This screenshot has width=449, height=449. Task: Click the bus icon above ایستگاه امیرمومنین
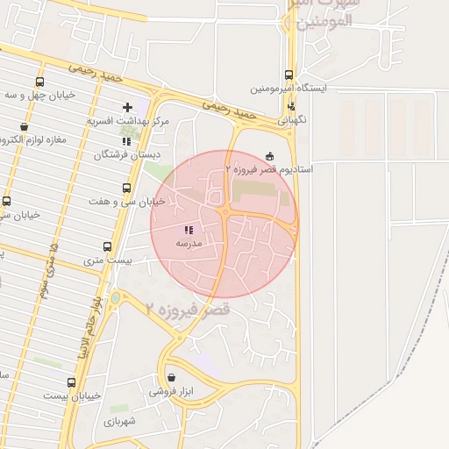point(289,75)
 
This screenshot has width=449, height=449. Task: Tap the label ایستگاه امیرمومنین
point(289,89)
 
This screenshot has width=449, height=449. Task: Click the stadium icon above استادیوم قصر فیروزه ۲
point(269,155)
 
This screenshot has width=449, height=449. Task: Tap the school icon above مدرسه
point(189,230)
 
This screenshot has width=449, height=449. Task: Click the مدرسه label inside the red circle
point(189,243)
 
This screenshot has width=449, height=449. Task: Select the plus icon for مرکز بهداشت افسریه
point(128,107)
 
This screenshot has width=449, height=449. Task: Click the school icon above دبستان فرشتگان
point(127,140)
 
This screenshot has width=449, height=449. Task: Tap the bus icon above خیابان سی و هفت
point(127,188)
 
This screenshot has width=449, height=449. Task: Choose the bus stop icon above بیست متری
point(107,246)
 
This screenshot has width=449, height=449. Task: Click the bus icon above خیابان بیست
point(72,382)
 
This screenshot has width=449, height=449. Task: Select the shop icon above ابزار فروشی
point(171,378)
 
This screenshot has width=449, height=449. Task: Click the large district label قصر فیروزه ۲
point(188,309)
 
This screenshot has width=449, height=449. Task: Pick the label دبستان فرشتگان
point(123,154)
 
